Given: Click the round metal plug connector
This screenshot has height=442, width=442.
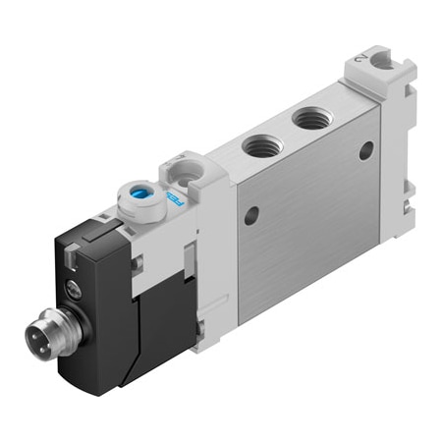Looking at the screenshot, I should click(45, 335).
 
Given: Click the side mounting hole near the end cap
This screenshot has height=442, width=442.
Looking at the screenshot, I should click(365, 150).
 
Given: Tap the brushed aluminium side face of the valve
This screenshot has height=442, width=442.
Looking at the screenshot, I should click(304, 216).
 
